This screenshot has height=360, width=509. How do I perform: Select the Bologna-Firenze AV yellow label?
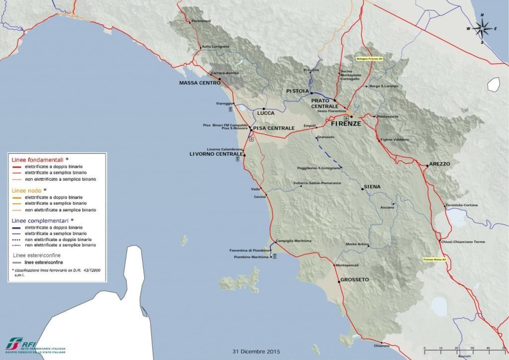pyautogui.click(x=370, y=59)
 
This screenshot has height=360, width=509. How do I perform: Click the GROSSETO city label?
pyautogui.click(x=355, y=280)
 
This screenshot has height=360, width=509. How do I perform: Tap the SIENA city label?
pyautogui.click(x=372, y=186)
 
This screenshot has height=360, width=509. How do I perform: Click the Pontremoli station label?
pyautogui.click(x=201, y=21)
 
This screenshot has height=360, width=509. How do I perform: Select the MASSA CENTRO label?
pyautogui.click(x=199, y=83)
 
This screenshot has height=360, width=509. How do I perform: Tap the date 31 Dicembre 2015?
pyautogui.click(x=256, y=352)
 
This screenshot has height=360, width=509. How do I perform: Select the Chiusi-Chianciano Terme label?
pyautogui.click(x=463, y=242)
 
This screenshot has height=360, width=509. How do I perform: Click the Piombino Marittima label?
pyautogui.click(x=251, y=258)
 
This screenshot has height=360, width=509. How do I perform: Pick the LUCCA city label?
pyautogui.click(x=266, y=113)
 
